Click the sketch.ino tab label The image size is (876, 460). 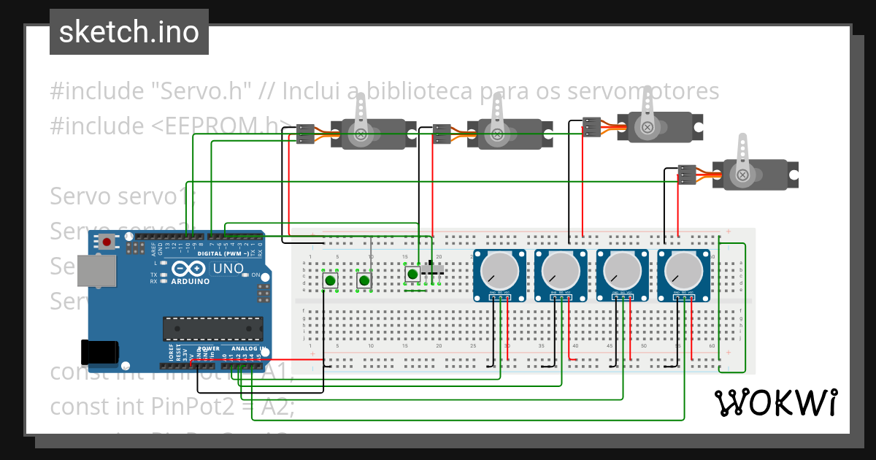(x=128, y=32)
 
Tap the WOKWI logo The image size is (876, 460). (x=775, y=402)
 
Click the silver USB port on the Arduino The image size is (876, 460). (x=96, y=271)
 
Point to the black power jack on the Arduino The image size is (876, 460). (x=100, y=352)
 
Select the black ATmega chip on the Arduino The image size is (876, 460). (x=212, y=329)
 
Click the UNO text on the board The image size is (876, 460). (x=228, y=269)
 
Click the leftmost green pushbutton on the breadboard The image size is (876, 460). (x=331, y=280)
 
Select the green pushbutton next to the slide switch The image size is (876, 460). (x=412, y=274)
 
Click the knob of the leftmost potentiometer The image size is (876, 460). (x=499, y=272)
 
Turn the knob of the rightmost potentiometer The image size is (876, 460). (x=683, y=272)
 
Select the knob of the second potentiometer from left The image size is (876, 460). (x=560, y=272)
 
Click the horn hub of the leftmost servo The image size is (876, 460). (x=361, y=134)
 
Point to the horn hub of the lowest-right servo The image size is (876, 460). (x=742, y=175)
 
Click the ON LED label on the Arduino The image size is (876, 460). (x=255, y=275)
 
